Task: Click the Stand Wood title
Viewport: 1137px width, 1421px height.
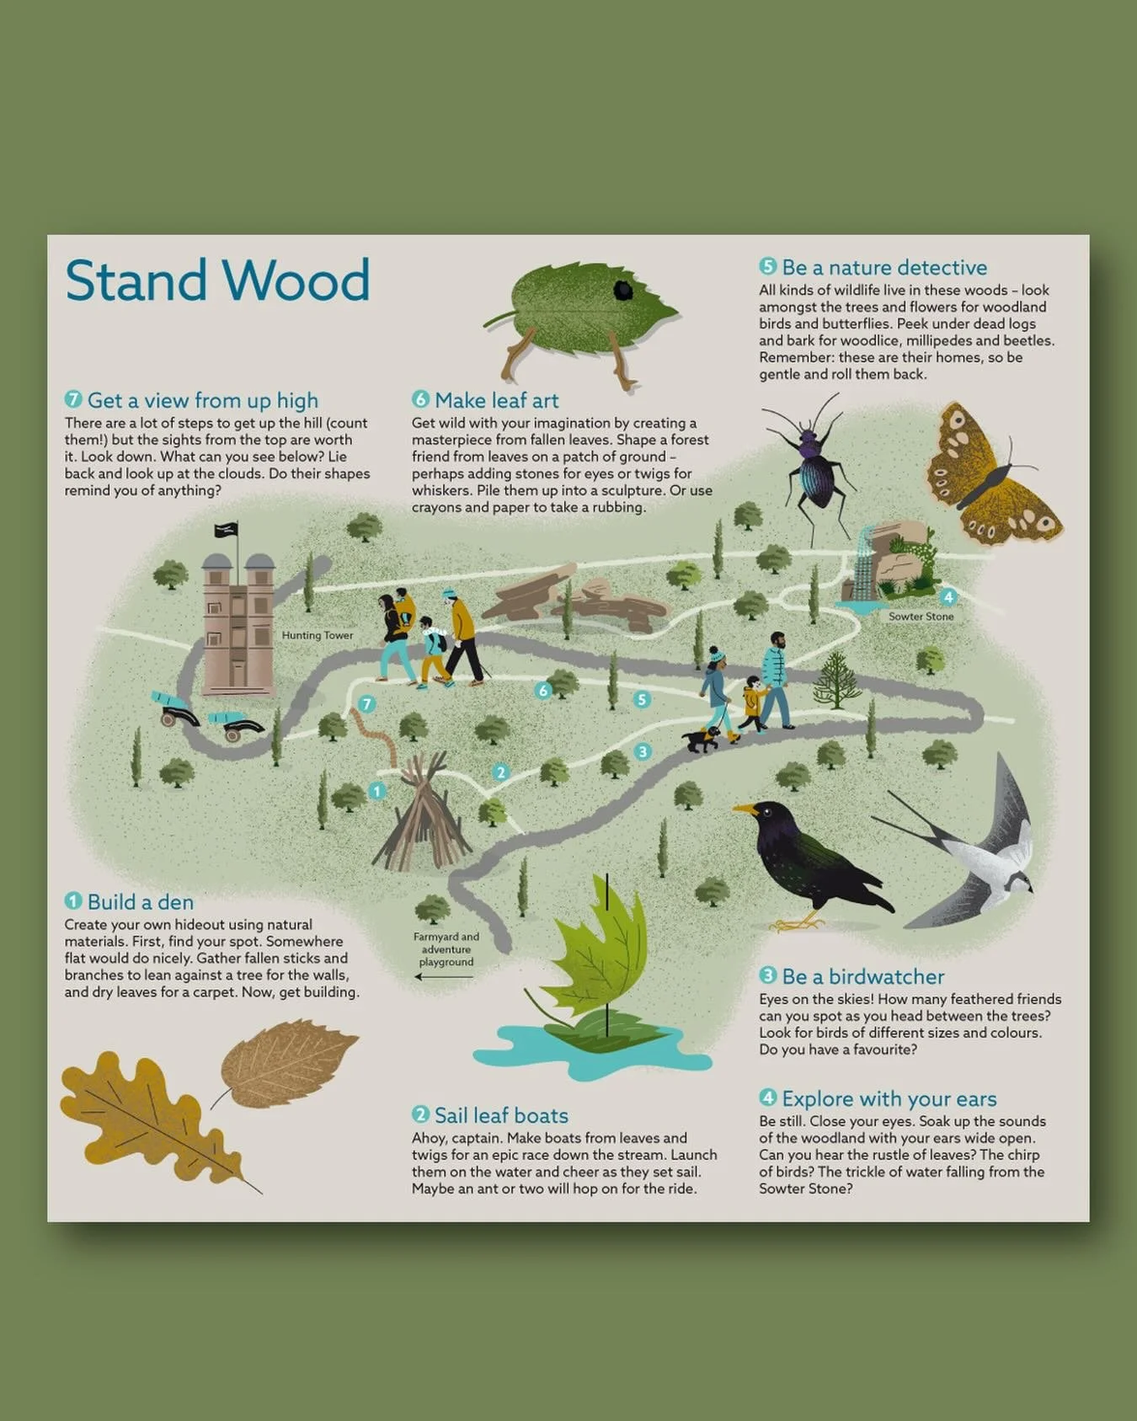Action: click(217, 280)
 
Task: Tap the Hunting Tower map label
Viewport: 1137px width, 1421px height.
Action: click(318, 635)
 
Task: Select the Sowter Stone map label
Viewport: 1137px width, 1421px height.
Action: click(921, 617)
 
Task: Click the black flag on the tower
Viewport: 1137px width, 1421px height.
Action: click(226, 529)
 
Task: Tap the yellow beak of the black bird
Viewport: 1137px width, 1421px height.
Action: click(744, 809)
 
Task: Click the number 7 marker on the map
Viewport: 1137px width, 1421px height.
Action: click(366, 704)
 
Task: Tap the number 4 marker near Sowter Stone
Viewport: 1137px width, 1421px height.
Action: click(948, 597)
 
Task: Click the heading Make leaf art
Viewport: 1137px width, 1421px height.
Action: click(496, 400)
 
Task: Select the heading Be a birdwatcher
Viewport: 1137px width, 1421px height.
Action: click(862, 976)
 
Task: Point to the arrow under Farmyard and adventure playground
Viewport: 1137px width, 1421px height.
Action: click(444, 977)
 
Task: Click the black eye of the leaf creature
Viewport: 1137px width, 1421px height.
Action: click(623, 290)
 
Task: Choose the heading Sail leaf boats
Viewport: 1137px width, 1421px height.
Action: click(500, 1115)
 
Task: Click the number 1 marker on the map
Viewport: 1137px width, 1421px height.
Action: click(377, 791)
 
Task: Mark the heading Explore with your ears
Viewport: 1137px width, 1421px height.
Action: click(889, 1098)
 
